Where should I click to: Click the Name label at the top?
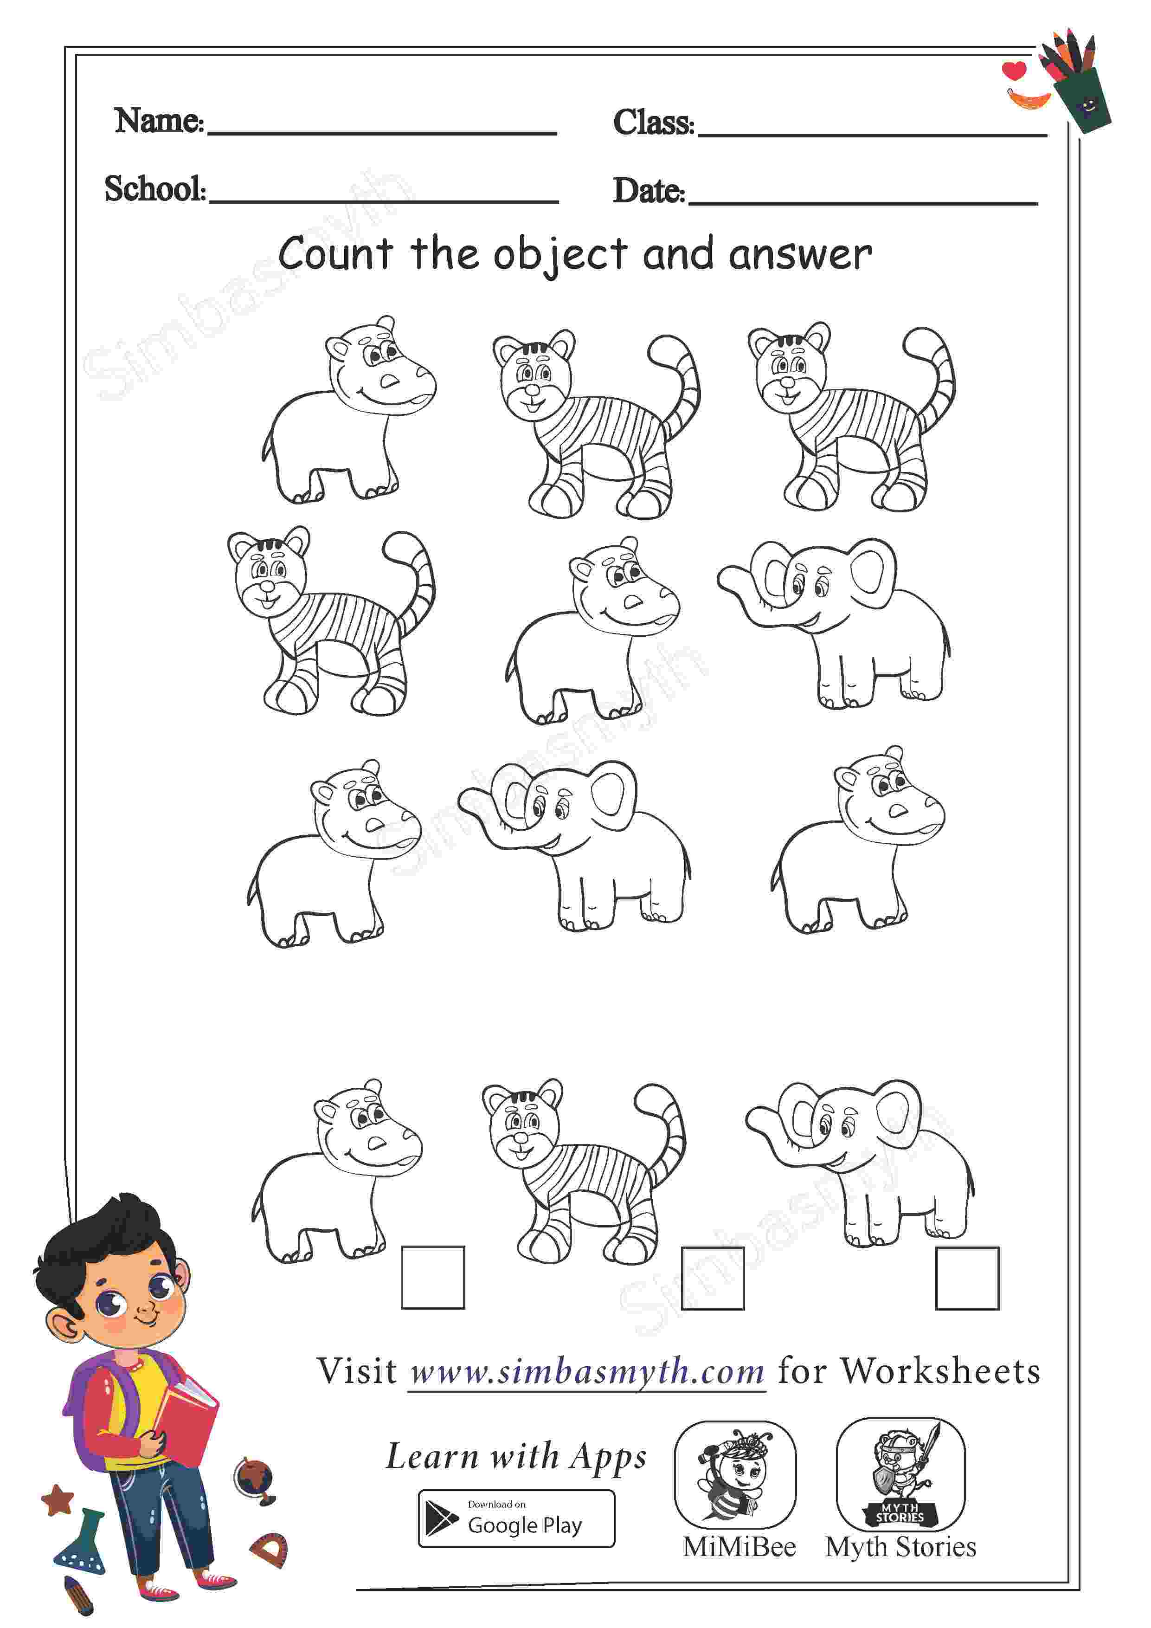(x=160, y=121)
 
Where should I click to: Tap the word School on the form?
(x=155, y=188)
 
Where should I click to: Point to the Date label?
(x=649, y=190)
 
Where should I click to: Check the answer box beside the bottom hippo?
(x=433, y=1277)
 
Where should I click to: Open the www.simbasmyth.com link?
(x=587, y=1371)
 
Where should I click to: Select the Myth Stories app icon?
(x=901, y=1474)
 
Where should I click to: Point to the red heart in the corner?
(x=1014, y=70)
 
